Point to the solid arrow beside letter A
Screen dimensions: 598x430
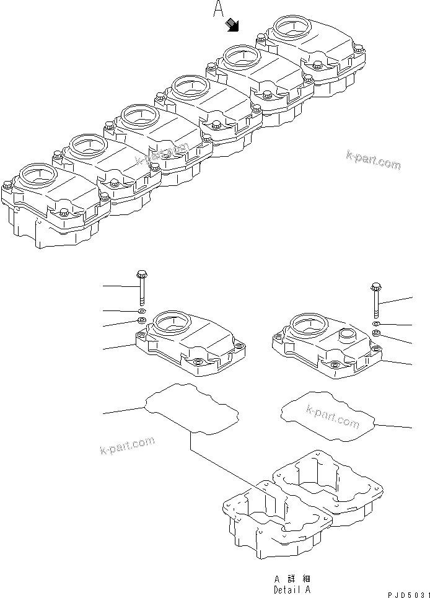click(234, 24)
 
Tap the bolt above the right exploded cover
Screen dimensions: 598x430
click(375, 300)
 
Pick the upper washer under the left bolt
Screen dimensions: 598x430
click(141, 310)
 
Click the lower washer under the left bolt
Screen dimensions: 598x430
click(141, 320)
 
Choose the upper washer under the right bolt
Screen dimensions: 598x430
click(376, 324)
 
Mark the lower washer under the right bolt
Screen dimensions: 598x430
click(376, 334)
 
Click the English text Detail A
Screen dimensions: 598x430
click(292, 589)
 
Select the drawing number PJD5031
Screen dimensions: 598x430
click(408, 594)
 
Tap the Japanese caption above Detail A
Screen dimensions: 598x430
click(292, 579)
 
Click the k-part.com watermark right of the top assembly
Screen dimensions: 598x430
click(373, 160)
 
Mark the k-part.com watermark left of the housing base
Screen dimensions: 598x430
click(126, 445)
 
